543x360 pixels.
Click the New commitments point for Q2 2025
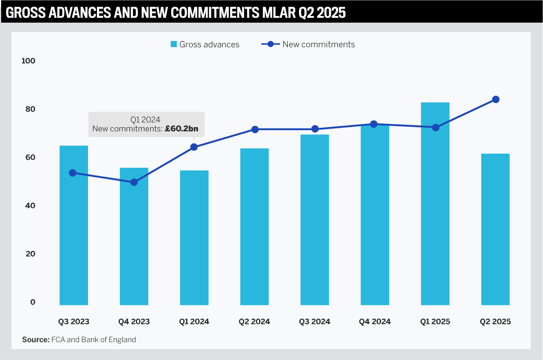495,99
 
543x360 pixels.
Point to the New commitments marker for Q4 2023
134,182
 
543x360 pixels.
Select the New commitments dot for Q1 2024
194,147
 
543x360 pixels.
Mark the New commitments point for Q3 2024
315,129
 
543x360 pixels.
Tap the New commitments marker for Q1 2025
436,128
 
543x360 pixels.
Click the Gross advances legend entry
205,45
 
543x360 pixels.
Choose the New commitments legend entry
308,45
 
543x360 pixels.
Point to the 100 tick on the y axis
28,61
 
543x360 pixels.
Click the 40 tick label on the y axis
30,206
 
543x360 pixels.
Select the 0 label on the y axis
33,302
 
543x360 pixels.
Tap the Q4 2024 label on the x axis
375,322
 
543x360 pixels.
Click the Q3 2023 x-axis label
74,322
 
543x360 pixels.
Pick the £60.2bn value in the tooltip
182,129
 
